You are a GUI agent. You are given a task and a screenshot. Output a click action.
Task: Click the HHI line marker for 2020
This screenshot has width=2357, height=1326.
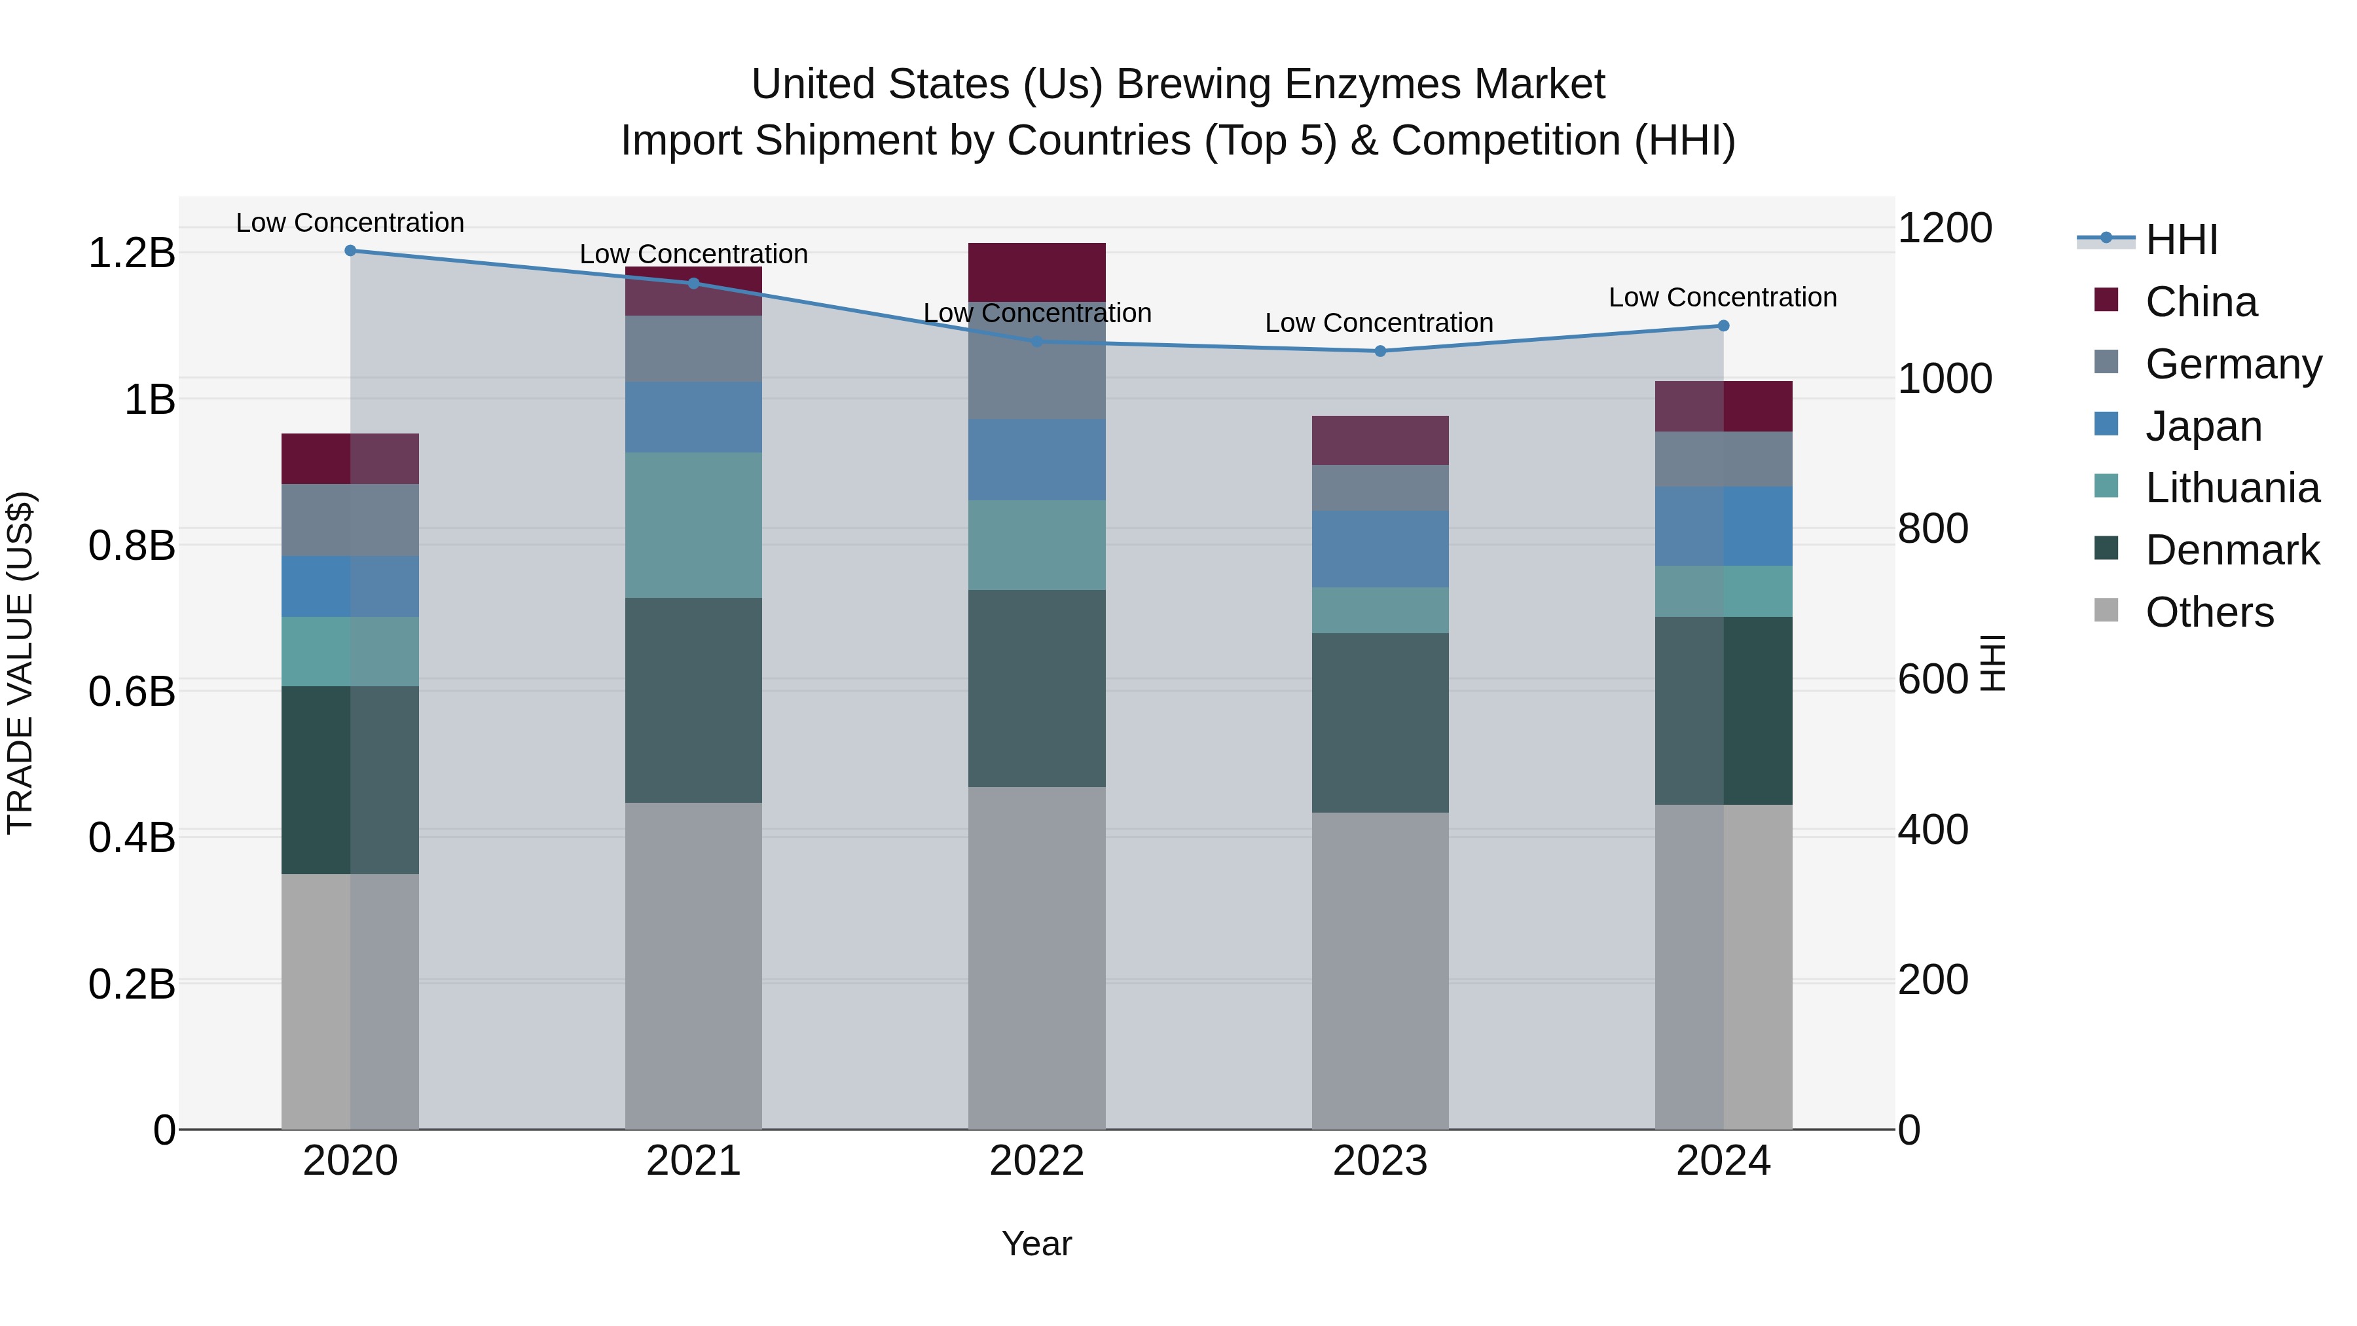(x=350, y=250)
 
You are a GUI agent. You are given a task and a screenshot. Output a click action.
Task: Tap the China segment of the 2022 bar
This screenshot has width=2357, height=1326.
(x=1036, y=271)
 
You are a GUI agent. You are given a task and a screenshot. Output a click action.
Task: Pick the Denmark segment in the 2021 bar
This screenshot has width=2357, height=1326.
(x=693, y=700)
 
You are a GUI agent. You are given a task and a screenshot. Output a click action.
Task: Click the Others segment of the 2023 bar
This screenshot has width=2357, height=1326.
(x=1379, y=970)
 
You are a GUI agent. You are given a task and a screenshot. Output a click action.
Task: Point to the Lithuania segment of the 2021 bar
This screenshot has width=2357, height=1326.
(x=693, y=525)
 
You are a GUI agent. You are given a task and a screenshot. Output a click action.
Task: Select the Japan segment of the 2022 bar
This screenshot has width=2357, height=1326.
(x=1036, y=460)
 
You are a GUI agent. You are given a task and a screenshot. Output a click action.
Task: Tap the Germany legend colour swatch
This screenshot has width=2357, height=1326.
(x=2106, y=361)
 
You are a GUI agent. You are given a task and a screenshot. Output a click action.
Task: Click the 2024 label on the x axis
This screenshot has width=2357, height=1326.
(x=1723, y=1161)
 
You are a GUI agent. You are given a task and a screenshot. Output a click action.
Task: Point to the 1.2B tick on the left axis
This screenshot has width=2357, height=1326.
(x=132, y=253)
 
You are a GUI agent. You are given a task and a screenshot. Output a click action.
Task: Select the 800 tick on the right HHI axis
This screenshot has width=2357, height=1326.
(x=1933, y=529)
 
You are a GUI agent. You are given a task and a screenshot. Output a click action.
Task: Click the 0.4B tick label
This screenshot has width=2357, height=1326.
(x=132, y=838)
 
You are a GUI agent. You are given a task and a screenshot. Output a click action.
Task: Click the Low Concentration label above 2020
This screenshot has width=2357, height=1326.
(x=350, y=223)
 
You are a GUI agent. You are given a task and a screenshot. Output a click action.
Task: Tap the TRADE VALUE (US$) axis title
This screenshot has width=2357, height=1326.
(x=20, y=663)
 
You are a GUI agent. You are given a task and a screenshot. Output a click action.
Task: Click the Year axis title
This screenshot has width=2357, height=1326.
(x=1036, y=1243)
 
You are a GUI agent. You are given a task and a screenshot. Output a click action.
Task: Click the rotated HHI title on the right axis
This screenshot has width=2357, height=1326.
(x=1992, y=663)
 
